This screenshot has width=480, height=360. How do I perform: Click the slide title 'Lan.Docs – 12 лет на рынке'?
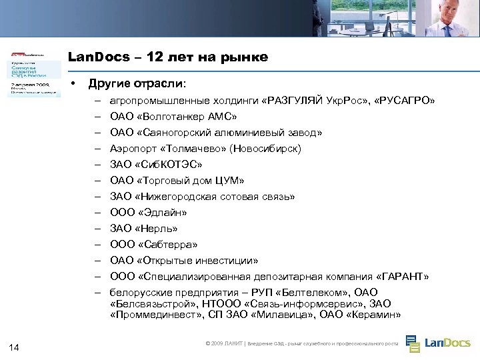(x=168, y=57)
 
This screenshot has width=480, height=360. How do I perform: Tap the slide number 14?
(x=15, y=346)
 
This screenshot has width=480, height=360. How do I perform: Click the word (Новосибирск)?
(x=265, y=149)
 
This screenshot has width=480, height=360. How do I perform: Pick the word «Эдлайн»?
(x=161, y=213)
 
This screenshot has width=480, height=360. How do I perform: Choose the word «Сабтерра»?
(x=167, y=245)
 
